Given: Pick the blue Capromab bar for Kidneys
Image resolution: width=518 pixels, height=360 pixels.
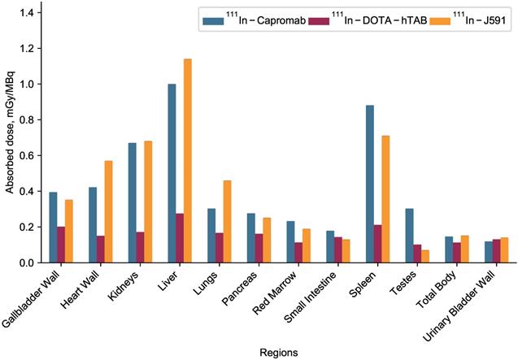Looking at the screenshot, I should (132, 202).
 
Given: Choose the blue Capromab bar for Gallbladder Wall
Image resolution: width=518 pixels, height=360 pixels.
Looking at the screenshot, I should (53, 228).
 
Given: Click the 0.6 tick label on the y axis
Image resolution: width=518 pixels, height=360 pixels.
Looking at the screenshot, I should (28, 155).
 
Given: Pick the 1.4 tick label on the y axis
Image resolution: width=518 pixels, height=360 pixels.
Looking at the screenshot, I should (28, 13).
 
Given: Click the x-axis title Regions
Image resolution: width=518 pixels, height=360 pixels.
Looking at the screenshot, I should (274, 353).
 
